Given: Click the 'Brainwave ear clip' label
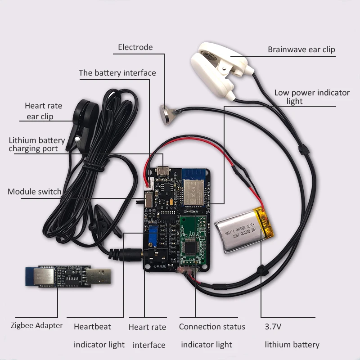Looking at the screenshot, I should pos(301,49).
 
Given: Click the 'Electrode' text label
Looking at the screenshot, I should pos(135,47).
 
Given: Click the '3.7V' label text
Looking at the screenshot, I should pos(273,326).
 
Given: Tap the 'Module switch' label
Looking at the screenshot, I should pos(34,192).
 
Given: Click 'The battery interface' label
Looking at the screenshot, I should pos(117,73).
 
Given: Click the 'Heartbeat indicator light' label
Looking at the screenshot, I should pos(99,335).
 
